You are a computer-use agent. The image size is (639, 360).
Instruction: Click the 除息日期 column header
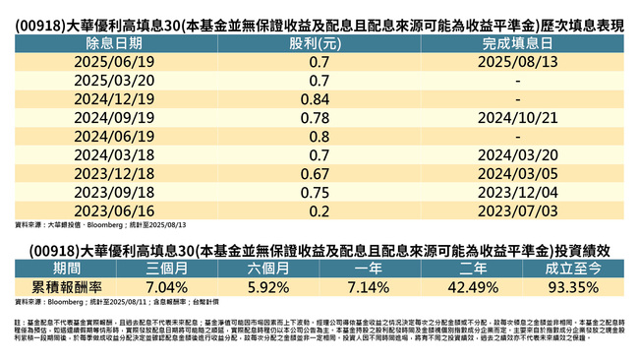pos(116,44)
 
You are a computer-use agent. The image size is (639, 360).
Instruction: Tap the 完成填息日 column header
pos(516,44)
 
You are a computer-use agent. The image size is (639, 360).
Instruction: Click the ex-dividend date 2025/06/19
pos(116,62)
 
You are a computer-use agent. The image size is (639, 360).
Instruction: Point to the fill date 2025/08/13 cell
pos(516,62)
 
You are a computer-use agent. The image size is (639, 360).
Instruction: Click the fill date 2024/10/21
pos(516,118)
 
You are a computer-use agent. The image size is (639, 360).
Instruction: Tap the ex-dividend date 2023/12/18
pos(116,174)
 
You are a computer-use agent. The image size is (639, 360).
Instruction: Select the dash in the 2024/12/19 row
pos(516,99)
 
